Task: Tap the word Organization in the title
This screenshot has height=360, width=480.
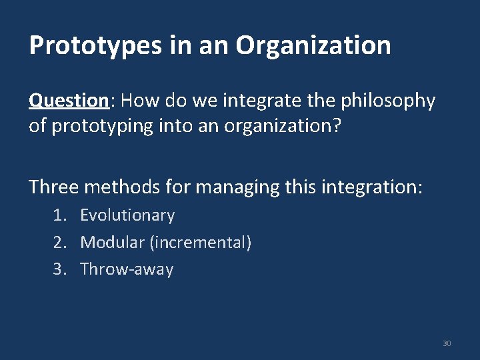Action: [313, 46]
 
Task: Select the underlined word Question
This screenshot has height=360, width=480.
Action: [69, 101]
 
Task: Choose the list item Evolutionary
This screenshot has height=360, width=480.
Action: [127, 215]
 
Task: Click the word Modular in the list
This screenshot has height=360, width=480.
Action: [113, 243]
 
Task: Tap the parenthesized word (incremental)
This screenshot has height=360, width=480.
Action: [201, 243]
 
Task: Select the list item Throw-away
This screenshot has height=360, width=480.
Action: [127, 269]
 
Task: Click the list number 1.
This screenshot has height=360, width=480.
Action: [59, 215]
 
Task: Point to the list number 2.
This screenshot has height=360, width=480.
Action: [59, 243]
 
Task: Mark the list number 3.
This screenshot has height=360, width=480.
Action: [59, 269]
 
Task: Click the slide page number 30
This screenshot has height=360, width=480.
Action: [447, 343]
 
